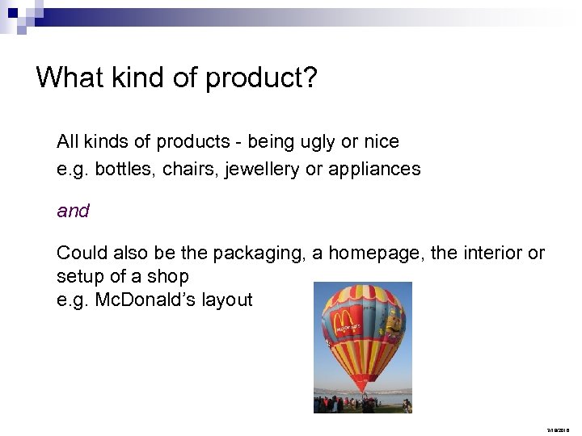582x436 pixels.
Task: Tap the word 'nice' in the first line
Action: click(381, 142)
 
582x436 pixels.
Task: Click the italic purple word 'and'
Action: click(73, 212)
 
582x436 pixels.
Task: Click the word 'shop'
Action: click(171, 276)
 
